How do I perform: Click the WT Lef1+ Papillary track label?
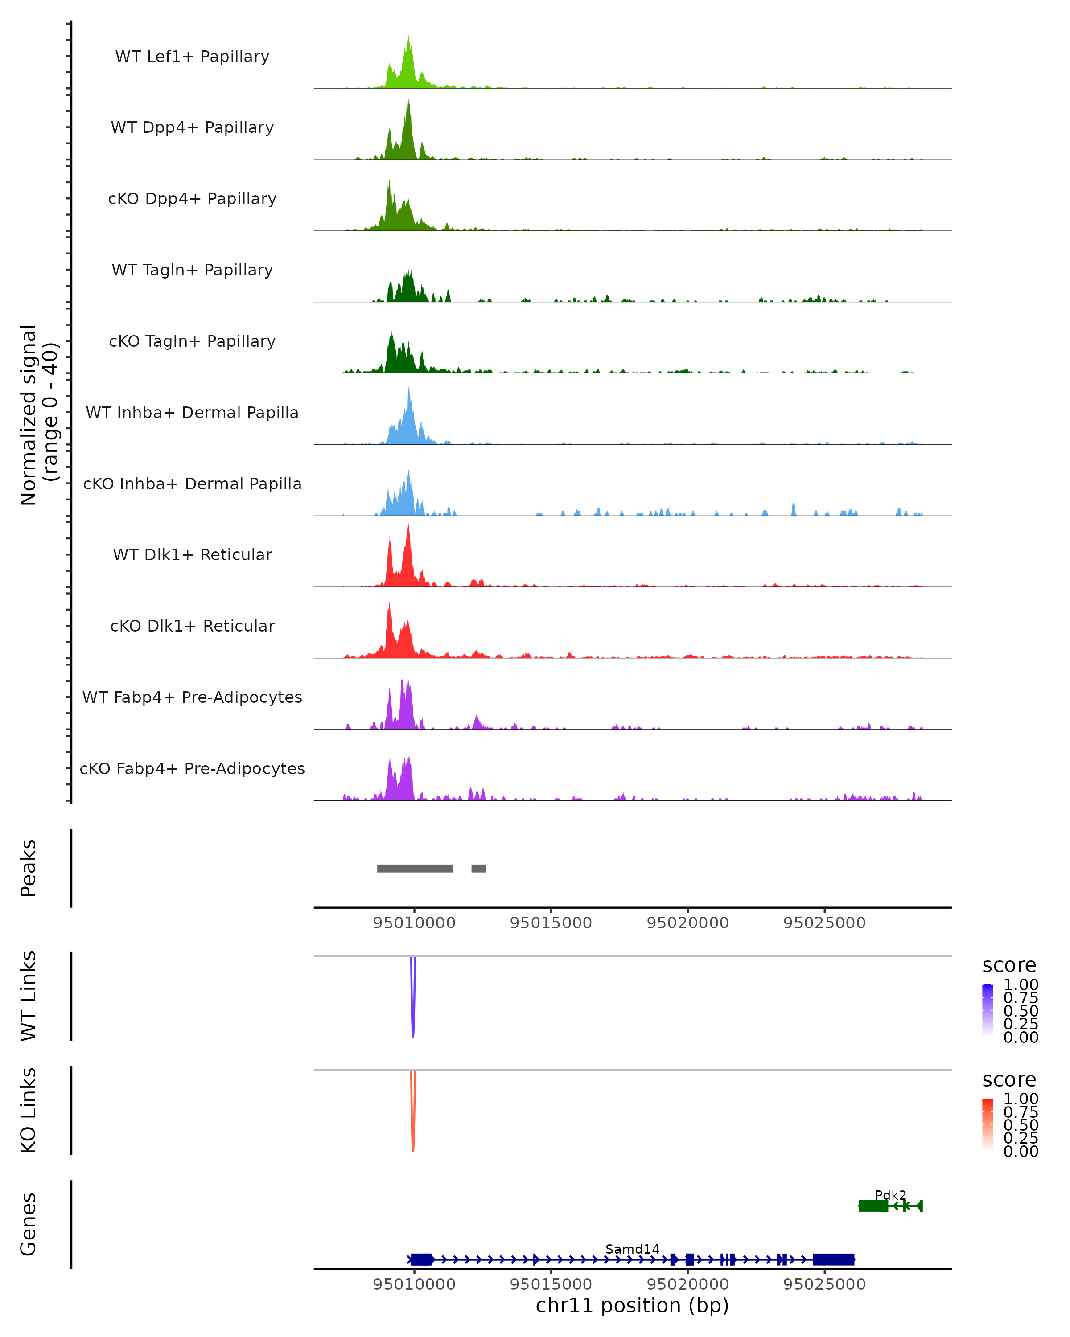192,57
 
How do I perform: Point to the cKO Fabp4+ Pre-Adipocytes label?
192,768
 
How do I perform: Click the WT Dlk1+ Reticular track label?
192,554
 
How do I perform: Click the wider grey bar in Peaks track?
414,868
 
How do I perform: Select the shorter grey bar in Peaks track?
478,868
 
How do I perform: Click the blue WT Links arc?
412,1005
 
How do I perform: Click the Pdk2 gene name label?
890,1194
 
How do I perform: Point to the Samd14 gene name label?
632,1249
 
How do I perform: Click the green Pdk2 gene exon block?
873,1206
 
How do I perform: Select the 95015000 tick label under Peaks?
551,923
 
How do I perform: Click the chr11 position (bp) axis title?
632,1306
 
